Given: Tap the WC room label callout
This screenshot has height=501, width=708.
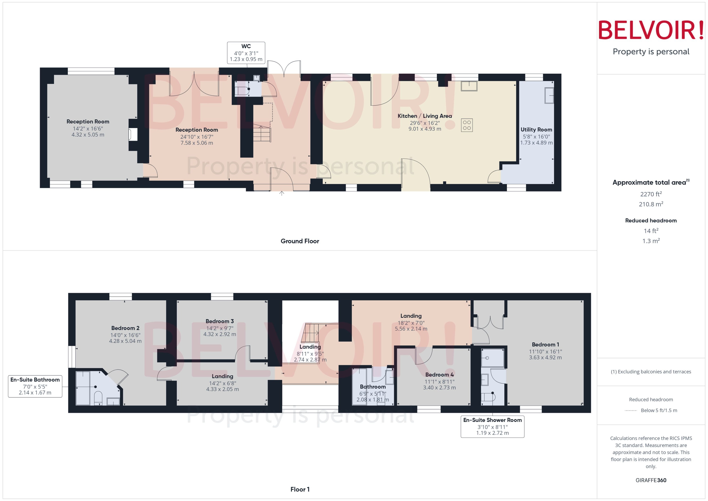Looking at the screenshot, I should [246, 53].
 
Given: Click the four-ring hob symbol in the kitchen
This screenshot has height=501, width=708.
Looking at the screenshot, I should [466, 125].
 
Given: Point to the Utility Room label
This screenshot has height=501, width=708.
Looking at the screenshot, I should [536, 130].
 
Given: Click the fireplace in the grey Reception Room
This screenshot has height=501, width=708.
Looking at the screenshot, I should [133, 135].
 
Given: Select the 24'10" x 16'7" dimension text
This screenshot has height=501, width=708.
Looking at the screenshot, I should [196, 137].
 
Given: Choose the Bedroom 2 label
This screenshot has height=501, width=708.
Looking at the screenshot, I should [125, 328].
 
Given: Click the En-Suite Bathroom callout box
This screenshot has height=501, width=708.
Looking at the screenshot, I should [35, 386].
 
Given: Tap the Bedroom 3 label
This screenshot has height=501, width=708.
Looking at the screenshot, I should [220, 321].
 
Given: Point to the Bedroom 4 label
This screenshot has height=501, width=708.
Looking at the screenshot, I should [439, 375].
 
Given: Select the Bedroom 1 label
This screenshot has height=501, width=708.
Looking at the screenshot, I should [545, 345].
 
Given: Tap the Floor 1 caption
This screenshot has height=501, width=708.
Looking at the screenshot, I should [300, 489].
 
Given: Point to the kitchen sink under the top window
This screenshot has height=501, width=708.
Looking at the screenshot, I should [469, 86].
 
